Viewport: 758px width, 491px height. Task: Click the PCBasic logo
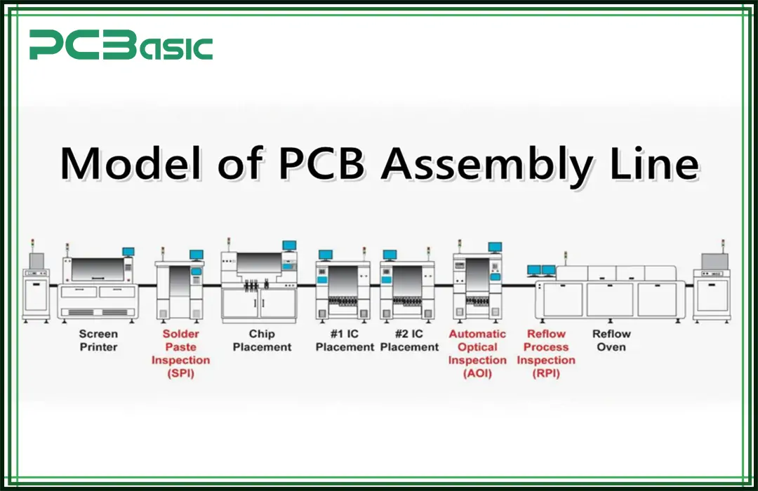121,46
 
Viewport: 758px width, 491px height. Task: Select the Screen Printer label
98,340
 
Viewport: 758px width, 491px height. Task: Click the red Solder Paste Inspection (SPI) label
180,354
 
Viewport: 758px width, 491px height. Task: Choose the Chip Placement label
262,340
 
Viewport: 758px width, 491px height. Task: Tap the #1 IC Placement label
345,340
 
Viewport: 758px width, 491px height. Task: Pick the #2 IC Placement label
410,340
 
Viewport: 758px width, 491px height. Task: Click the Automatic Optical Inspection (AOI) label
477,354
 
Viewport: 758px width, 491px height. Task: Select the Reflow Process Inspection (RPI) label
546,354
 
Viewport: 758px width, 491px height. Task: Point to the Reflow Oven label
611,340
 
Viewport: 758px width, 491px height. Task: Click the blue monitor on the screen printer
128,251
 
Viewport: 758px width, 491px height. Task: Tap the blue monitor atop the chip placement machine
288,245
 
